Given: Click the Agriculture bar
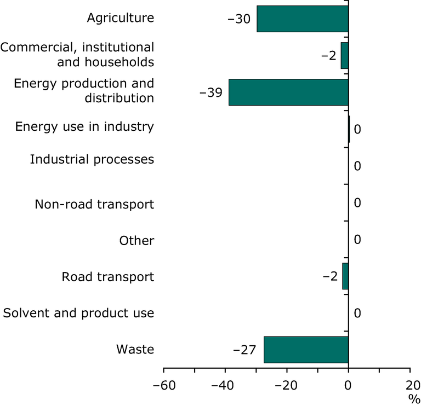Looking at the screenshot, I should (303, 19).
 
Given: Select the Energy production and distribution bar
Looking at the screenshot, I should (288, 92).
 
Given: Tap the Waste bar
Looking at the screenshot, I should (306, 350).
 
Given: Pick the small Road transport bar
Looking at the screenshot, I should (345, 276).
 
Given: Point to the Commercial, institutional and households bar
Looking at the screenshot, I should (344, 55).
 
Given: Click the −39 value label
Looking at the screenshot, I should (210, 92).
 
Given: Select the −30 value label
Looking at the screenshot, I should (239, 19).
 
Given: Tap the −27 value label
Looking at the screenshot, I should (244, 350).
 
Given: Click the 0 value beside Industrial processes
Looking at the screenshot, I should (357, 166).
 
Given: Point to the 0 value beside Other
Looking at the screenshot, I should (357, 240).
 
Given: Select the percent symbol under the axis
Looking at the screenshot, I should (410, 398).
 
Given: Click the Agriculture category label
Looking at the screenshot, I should (121, 19).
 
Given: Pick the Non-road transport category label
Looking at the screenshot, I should (94, 205).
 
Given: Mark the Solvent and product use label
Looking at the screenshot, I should (78, 314).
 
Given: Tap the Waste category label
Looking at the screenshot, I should (135, 350).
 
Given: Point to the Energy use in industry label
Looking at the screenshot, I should (84, 127).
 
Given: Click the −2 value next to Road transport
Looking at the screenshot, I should (330, 276).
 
